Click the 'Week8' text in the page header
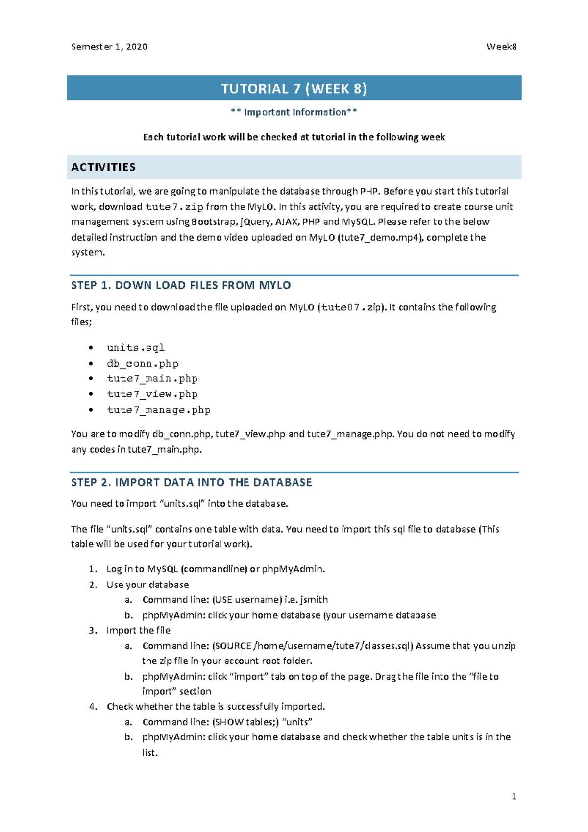[501, 47]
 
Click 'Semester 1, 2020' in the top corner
[109, 47]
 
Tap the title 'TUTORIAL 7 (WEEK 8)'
[294, 89]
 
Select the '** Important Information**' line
[294, 112]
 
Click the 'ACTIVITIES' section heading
[103, 167]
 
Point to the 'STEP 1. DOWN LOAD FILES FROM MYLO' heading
[181, 285]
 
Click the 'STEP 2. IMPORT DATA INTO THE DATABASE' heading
[191, 482]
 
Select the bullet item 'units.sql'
[136, 348]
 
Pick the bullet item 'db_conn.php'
[143, 364]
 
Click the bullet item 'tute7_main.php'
[152, 379]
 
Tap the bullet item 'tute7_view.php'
[152, 394]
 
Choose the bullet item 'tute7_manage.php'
[159, 410]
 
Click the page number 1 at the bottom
[514, 797]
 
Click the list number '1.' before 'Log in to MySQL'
[93, 569]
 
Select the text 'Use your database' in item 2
[147, 585]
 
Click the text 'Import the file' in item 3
[138, 631]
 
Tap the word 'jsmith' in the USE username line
[314, 600]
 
